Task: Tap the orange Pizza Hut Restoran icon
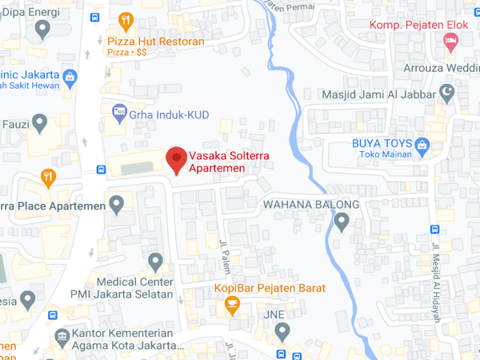125,22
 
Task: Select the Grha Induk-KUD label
169,115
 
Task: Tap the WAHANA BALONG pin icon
342,222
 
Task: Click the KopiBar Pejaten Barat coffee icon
232,304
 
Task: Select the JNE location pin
281,330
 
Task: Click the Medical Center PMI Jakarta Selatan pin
156,261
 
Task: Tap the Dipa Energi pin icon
43,30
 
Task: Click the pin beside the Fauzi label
38,124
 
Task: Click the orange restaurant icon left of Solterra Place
48,178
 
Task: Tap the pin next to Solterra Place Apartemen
118,206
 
